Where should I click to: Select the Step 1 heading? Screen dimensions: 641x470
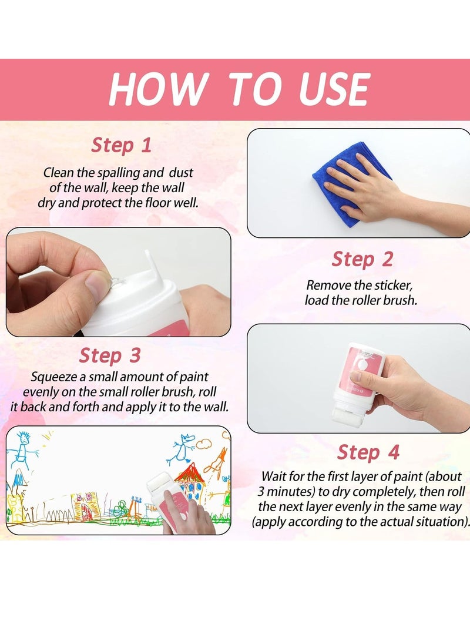[x=121, y=145]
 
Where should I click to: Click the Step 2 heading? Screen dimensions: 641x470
[x=361, y=259]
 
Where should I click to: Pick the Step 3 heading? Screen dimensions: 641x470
[x=110, y=355]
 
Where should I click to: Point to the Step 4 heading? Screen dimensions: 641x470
[x=368, y=452]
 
